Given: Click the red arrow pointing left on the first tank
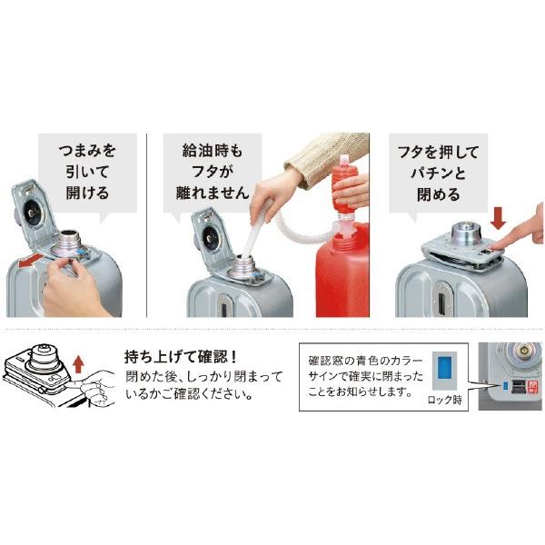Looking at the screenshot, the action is (x=32, y=261).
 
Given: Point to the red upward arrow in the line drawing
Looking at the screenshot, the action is (x=79, y=364).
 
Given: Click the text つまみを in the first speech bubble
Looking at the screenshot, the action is (x=87, y=151).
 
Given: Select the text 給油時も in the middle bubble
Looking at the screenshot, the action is (x=213, y=151).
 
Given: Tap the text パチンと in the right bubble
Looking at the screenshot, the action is (x=438, y=173).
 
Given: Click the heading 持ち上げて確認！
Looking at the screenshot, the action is (x=181, y=357).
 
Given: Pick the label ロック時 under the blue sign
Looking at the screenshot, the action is (x=445, y=400).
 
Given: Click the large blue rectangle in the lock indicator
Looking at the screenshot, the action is (x=445, y=370).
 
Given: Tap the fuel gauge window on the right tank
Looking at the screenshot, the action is (x=442, y=299).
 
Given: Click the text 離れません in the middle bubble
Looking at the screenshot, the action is (x=213, y=193).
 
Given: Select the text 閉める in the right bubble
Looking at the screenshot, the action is (x=438, y=194).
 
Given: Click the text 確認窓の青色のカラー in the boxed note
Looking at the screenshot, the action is (x=365, y=361).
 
